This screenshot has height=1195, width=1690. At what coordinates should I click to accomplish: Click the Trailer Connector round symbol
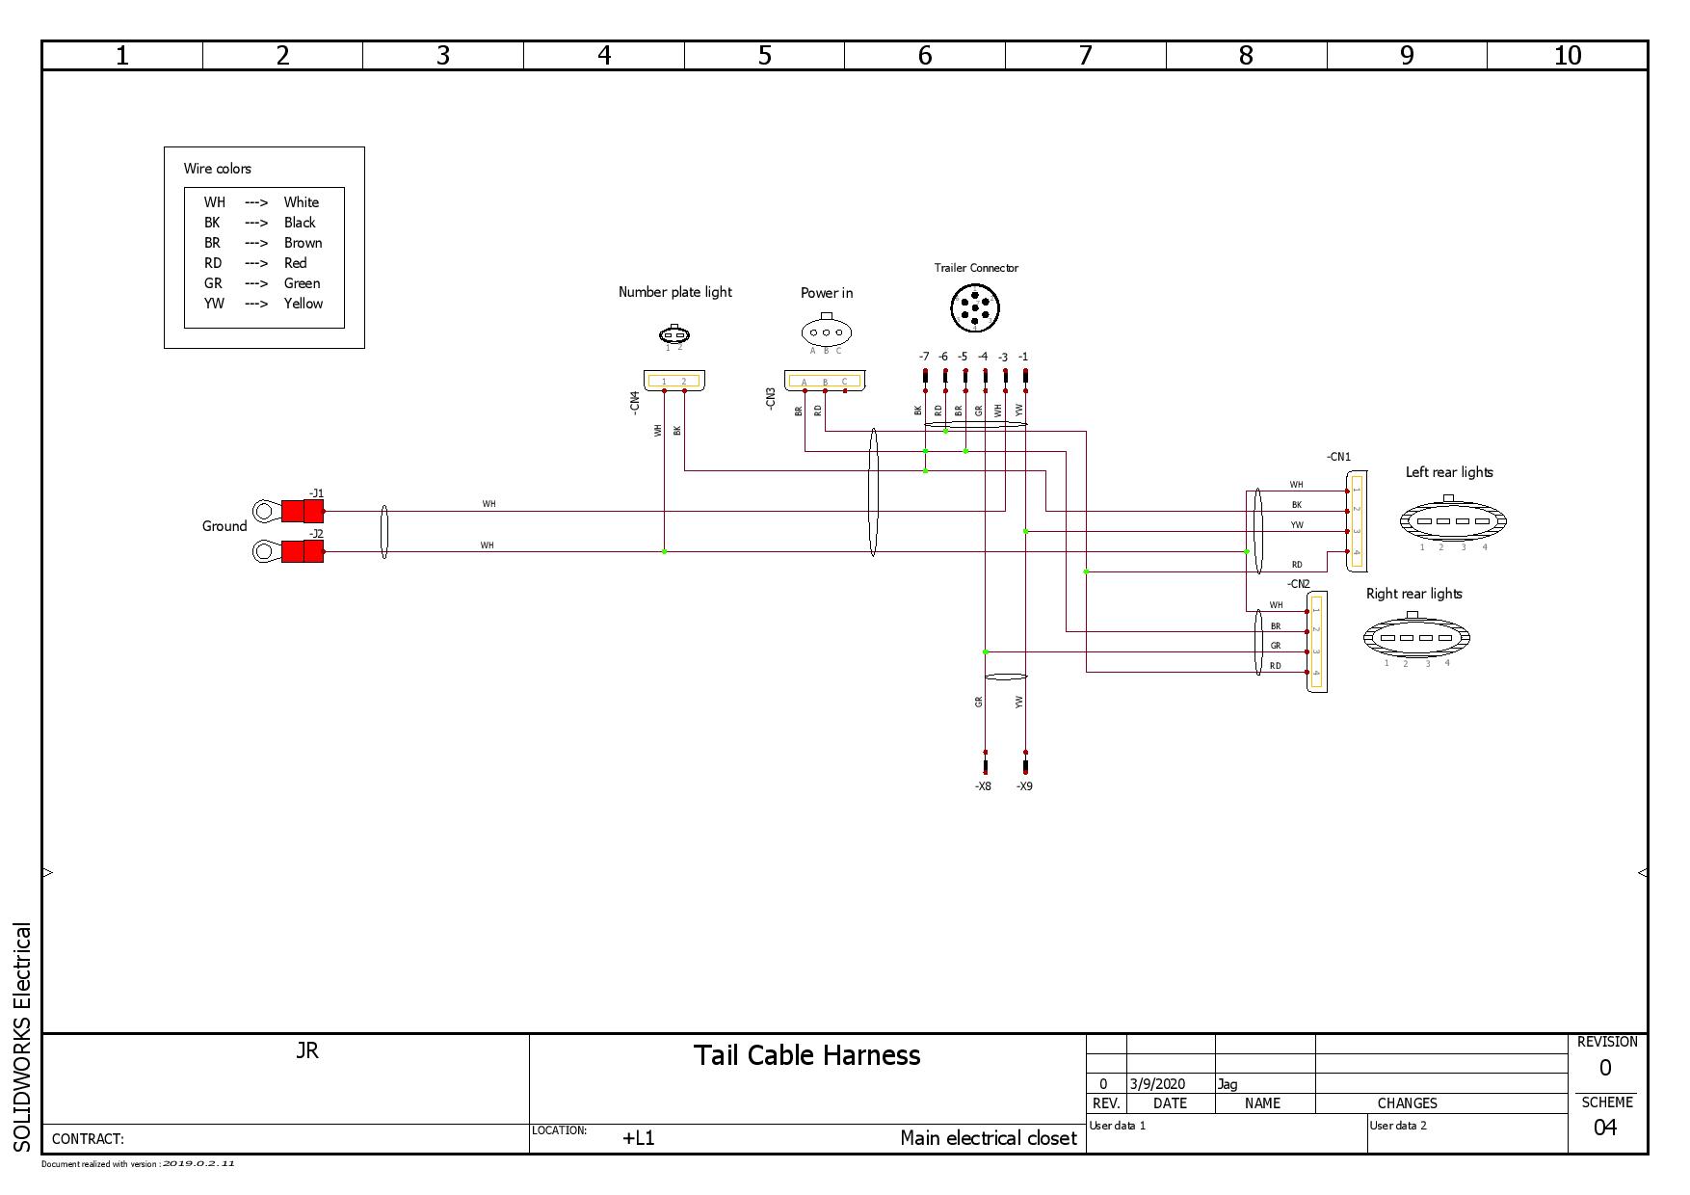(975, 308)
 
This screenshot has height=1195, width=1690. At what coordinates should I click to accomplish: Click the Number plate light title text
(674, 292)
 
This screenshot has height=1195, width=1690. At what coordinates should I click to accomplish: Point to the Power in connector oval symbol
(826, 332)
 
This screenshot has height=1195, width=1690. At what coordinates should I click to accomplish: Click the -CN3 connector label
(770, 399)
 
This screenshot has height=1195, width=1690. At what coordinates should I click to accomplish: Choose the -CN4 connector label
(634, 402)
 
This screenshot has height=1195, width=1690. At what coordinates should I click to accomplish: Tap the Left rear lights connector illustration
(1453, 521)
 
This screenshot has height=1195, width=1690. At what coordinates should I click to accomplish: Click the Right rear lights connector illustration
(1415, 637)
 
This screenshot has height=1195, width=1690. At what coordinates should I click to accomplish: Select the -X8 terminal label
(983, 786)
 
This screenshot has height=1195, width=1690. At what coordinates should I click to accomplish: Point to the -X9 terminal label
(1024, 786)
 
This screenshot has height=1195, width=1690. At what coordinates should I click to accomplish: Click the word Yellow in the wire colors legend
(303, 304)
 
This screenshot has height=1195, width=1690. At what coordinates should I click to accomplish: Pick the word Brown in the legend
(303, 243)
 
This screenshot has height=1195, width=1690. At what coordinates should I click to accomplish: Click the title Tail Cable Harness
(806, 1055)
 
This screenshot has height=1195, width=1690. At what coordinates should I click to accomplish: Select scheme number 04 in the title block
(1604, 1128)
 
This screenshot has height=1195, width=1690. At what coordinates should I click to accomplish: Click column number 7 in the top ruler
(1085, 56)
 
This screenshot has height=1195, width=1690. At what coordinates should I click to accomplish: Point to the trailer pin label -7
(924, 357)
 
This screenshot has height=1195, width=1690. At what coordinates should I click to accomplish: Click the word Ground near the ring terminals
(224, 526)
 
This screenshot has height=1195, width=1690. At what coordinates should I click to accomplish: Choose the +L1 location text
(638, 1138)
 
